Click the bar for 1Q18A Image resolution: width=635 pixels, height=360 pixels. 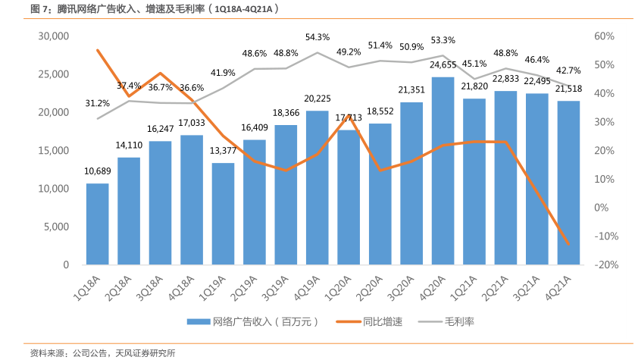97,224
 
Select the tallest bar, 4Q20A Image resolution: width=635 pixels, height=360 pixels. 443,171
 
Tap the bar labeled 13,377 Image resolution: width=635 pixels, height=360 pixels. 223,214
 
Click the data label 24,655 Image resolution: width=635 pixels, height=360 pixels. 443,66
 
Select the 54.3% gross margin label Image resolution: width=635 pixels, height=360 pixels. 317,36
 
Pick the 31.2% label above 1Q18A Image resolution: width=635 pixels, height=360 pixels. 97,103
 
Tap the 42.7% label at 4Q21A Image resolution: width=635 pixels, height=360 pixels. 568,70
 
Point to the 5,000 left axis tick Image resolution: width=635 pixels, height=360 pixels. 55,227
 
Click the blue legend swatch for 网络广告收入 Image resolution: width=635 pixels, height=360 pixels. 198,321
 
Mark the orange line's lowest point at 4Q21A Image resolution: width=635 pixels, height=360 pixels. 568,244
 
